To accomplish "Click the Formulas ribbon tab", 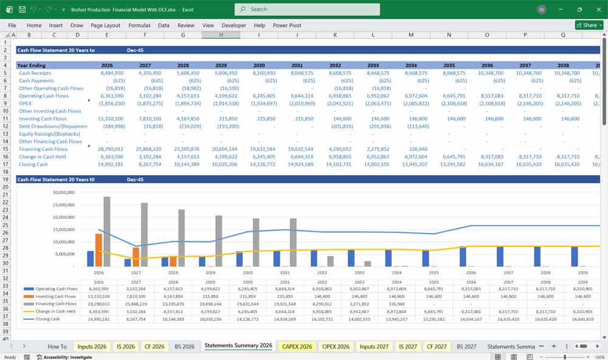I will click(x=139, y=26).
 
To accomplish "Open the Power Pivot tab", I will click(x=288, y=26).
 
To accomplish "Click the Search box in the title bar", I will click(x=307, y=9).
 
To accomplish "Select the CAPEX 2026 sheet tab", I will click(x=296, y=346).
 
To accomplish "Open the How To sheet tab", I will click(x=57, y=346).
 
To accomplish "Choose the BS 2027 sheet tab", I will click(x=466, y=346).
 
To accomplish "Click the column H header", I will click(x=221, y=35).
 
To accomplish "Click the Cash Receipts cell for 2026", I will click(x=107, y=73).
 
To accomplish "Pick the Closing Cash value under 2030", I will click(x=259, y=164).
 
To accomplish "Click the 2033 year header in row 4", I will click(x=373, y=65).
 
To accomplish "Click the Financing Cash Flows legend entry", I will click(x=55, y=302).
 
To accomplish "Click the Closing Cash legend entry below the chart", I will click(x=49, y=318).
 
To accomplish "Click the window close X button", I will click(x=596, y=9).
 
